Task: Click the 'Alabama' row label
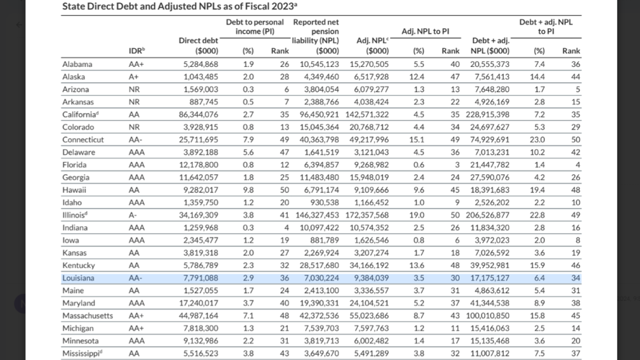[77, 64]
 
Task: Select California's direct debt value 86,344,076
[199, 114]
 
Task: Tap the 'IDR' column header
[137, 50]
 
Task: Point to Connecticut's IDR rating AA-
[135, 140]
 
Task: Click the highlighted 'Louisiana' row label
[78, 278]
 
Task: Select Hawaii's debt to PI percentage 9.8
[248, 190]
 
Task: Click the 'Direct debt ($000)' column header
[199, 45]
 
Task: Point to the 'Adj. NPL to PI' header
[425, 31]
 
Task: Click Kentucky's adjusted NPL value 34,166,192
[369, 265]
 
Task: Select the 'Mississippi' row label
[82, 354]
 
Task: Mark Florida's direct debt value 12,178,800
[199, 165]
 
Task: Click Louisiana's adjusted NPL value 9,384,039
[371, 278]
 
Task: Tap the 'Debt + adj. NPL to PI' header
[546, 27]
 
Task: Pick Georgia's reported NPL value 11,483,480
[319, 178]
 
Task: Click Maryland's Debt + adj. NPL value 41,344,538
[490, 303]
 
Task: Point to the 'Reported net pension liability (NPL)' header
[315, 36]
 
